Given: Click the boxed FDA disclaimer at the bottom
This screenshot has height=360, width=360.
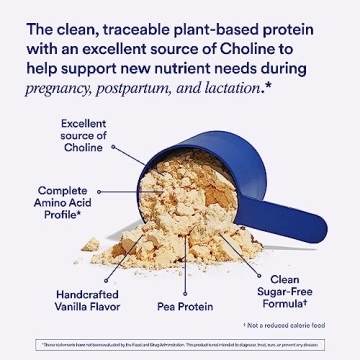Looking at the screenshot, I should tap(180, 344).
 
